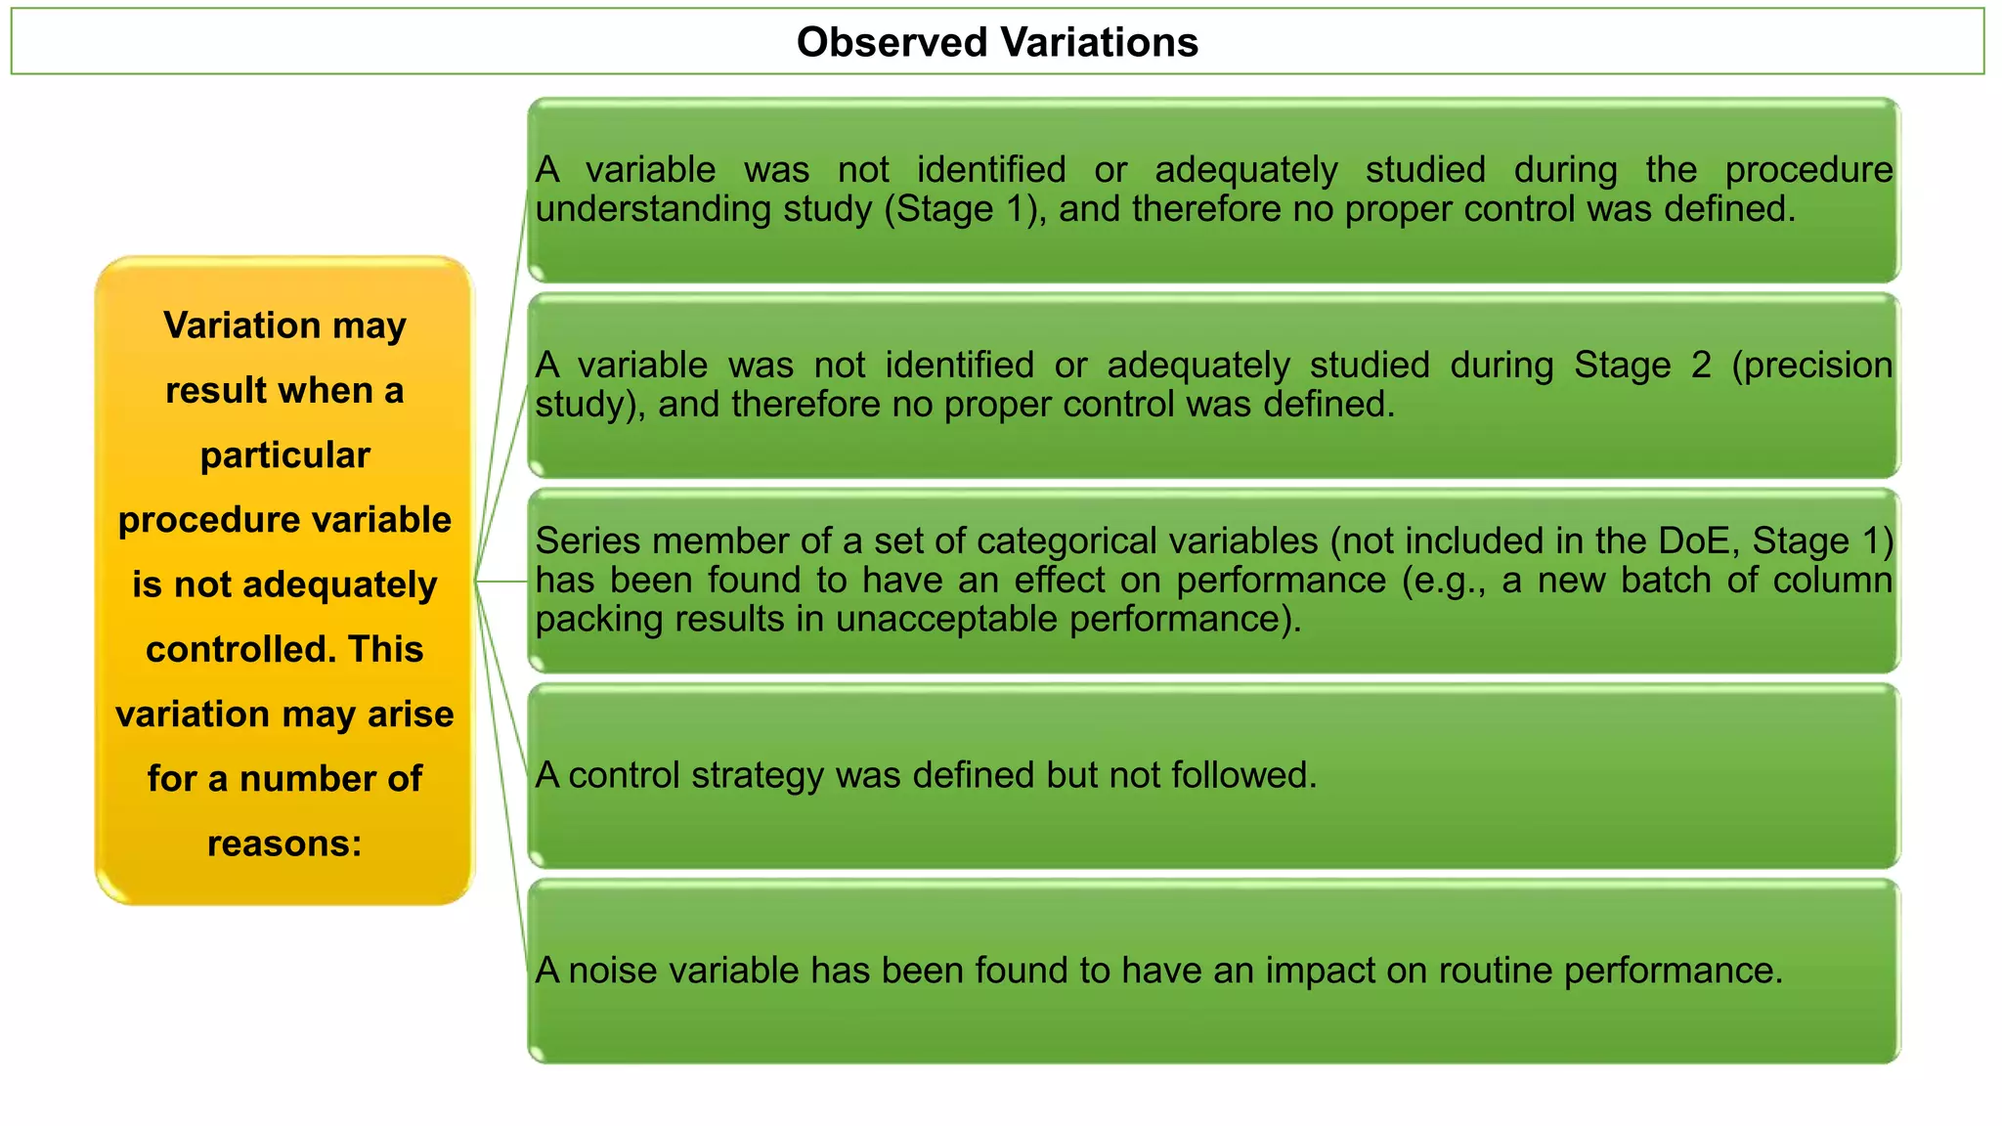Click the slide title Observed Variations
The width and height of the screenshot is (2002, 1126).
(997, 42)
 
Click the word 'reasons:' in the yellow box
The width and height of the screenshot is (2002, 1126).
(284, 844)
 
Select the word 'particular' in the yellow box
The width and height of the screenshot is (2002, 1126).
(284, 455)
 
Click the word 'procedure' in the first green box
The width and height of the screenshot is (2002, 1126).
(1808, 170)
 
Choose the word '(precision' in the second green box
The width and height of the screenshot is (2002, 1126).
(1811, 366)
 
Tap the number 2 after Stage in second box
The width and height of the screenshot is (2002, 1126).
(1701, 366)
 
